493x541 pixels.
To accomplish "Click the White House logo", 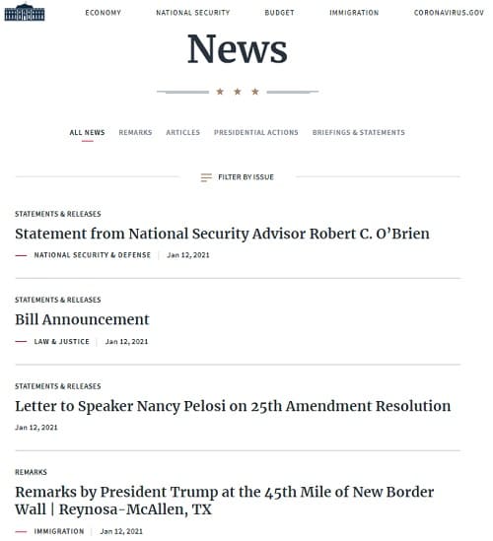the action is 25,13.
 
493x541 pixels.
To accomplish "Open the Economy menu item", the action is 104,13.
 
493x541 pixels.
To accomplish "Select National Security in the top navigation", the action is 192,13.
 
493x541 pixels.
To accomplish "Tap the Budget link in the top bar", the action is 279,13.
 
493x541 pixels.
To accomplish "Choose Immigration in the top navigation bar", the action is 354,13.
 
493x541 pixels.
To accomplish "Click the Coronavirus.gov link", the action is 449,13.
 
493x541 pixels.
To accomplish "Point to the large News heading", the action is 237,49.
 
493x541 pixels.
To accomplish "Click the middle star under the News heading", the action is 238,92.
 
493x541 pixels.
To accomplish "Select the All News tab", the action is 87,132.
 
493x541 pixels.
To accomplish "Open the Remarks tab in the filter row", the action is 135,132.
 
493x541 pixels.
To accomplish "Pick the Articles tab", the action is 182,132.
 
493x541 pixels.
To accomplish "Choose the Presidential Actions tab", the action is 255,132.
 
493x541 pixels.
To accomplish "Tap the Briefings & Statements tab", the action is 358,132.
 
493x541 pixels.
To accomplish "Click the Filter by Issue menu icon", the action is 206,177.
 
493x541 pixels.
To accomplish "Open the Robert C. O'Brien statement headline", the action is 222,235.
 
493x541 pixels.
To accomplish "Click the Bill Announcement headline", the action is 82,319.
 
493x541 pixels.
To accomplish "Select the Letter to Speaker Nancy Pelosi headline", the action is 233,406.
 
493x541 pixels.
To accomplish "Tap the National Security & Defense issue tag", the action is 93,255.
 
